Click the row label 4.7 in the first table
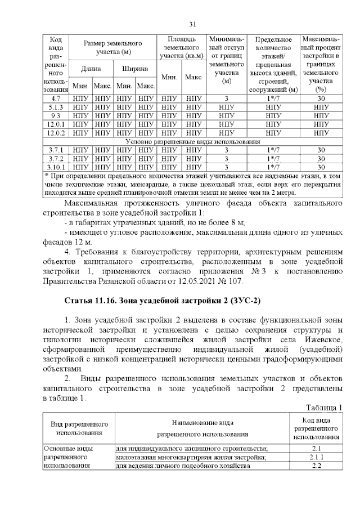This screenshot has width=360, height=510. point(56,99)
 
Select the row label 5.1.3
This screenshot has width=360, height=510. point(56,107)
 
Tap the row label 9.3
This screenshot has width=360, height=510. point(56,115)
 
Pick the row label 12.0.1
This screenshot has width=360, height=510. point(56,124)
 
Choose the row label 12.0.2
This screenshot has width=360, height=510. point(56,133)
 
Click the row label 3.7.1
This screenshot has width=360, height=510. point(56,150)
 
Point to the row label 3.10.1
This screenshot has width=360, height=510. point(56,167)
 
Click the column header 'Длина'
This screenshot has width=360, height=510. point(91,68)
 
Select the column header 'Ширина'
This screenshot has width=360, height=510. point(134,68)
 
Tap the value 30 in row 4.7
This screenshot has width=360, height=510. point(321,99)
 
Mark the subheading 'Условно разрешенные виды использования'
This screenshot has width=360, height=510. point(192,141)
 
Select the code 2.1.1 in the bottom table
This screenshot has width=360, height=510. point(316,457)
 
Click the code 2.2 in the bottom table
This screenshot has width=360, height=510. point(316,466)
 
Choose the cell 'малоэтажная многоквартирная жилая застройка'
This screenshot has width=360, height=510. point(191,457)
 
